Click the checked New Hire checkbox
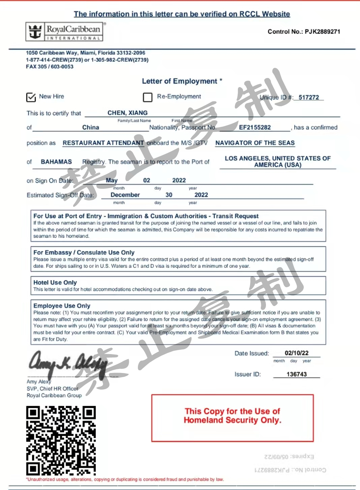(31, 97)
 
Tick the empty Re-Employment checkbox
(148, 97)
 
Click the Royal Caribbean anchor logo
(35, 32)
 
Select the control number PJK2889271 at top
(322, 32)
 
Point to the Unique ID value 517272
(308, 97)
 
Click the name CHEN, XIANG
(127, 113)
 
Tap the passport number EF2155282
(255, 127)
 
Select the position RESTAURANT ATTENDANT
(103, 143)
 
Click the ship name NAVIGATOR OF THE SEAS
(255, 143)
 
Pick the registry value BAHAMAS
(56, 162)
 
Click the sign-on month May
(112, 180)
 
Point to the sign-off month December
(125, 195)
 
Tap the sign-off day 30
(169, 195)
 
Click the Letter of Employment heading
(180, 81)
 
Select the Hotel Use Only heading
(55, 283)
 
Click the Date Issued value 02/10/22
(297, 353)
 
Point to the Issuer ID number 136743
(297, 374)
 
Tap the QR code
(61, 440)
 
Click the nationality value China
(91, 127)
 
